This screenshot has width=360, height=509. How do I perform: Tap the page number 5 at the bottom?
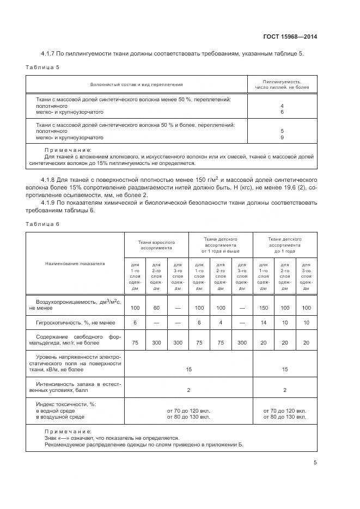(x=315, y=463)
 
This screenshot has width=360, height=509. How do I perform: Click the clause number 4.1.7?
(x=50, y=53)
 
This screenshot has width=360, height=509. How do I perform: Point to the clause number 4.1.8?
(x=50, y=179)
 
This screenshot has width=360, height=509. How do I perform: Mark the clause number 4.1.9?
(x=50, y=203)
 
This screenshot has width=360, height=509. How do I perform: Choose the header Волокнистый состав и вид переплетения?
(x=136, y=84)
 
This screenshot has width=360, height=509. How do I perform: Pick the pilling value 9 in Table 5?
(x=282, y=138)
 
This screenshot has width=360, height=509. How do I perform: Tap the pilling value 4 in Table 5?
(x=282, y=106)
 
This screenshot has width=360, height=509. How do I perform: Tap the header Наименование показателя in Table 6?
(x=75, y=263)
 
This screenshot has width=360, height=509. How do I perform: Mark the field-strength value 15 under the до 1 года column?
(x=284, y=369)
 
